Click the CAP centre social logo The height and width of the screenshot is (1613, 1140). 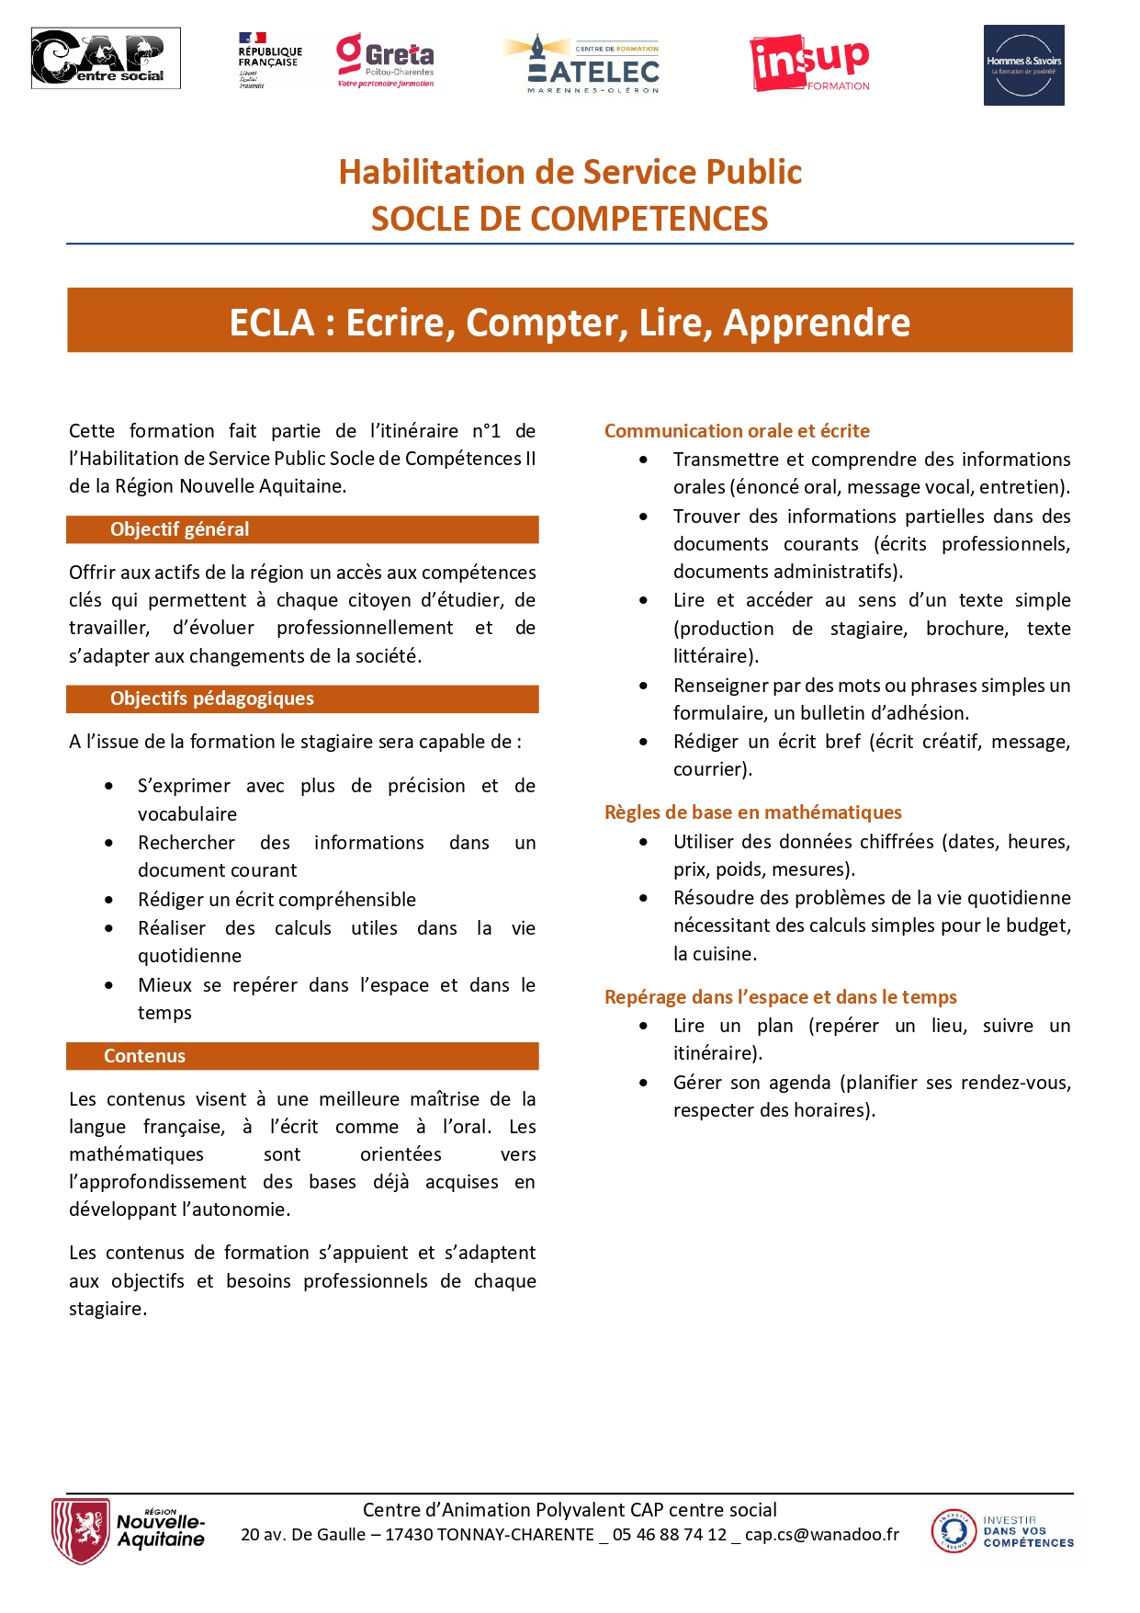tap(106, 58)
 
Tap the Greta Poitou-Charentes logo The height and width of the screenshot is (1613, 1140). tap(386, 61)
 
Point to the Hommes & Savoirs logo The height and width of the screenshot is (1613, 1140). tap(1023, 65)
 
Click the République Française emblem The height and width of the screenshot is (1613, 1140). tap(269, 61)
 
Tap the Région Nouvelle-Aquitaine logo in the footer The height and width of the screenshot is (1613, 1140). tap(129, 1530)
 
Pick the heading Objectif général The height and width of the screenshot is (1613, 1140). tap(180, 529)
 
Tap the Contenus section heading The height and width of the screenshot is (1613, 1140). tap(144, 1056)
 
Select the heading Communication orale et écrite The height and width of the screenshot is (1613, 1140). tap(737, 431)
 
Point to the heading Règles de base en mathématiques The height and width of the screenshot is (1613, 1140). tap(752, 812)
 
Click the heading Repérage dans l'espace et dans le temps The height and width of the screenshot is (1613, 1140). tap(780, 997)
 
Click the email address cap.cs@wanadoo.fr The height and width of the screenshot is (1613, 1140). tap(821, 1534)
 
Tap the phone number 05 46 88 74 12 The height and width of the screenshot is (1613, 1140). tap(669, 1534)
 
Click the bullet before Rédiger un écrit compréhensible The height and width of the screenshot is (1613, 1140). tap(109, 900)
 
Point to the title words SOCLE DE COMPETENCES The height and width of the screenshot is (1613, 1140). tap(570, 219)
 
